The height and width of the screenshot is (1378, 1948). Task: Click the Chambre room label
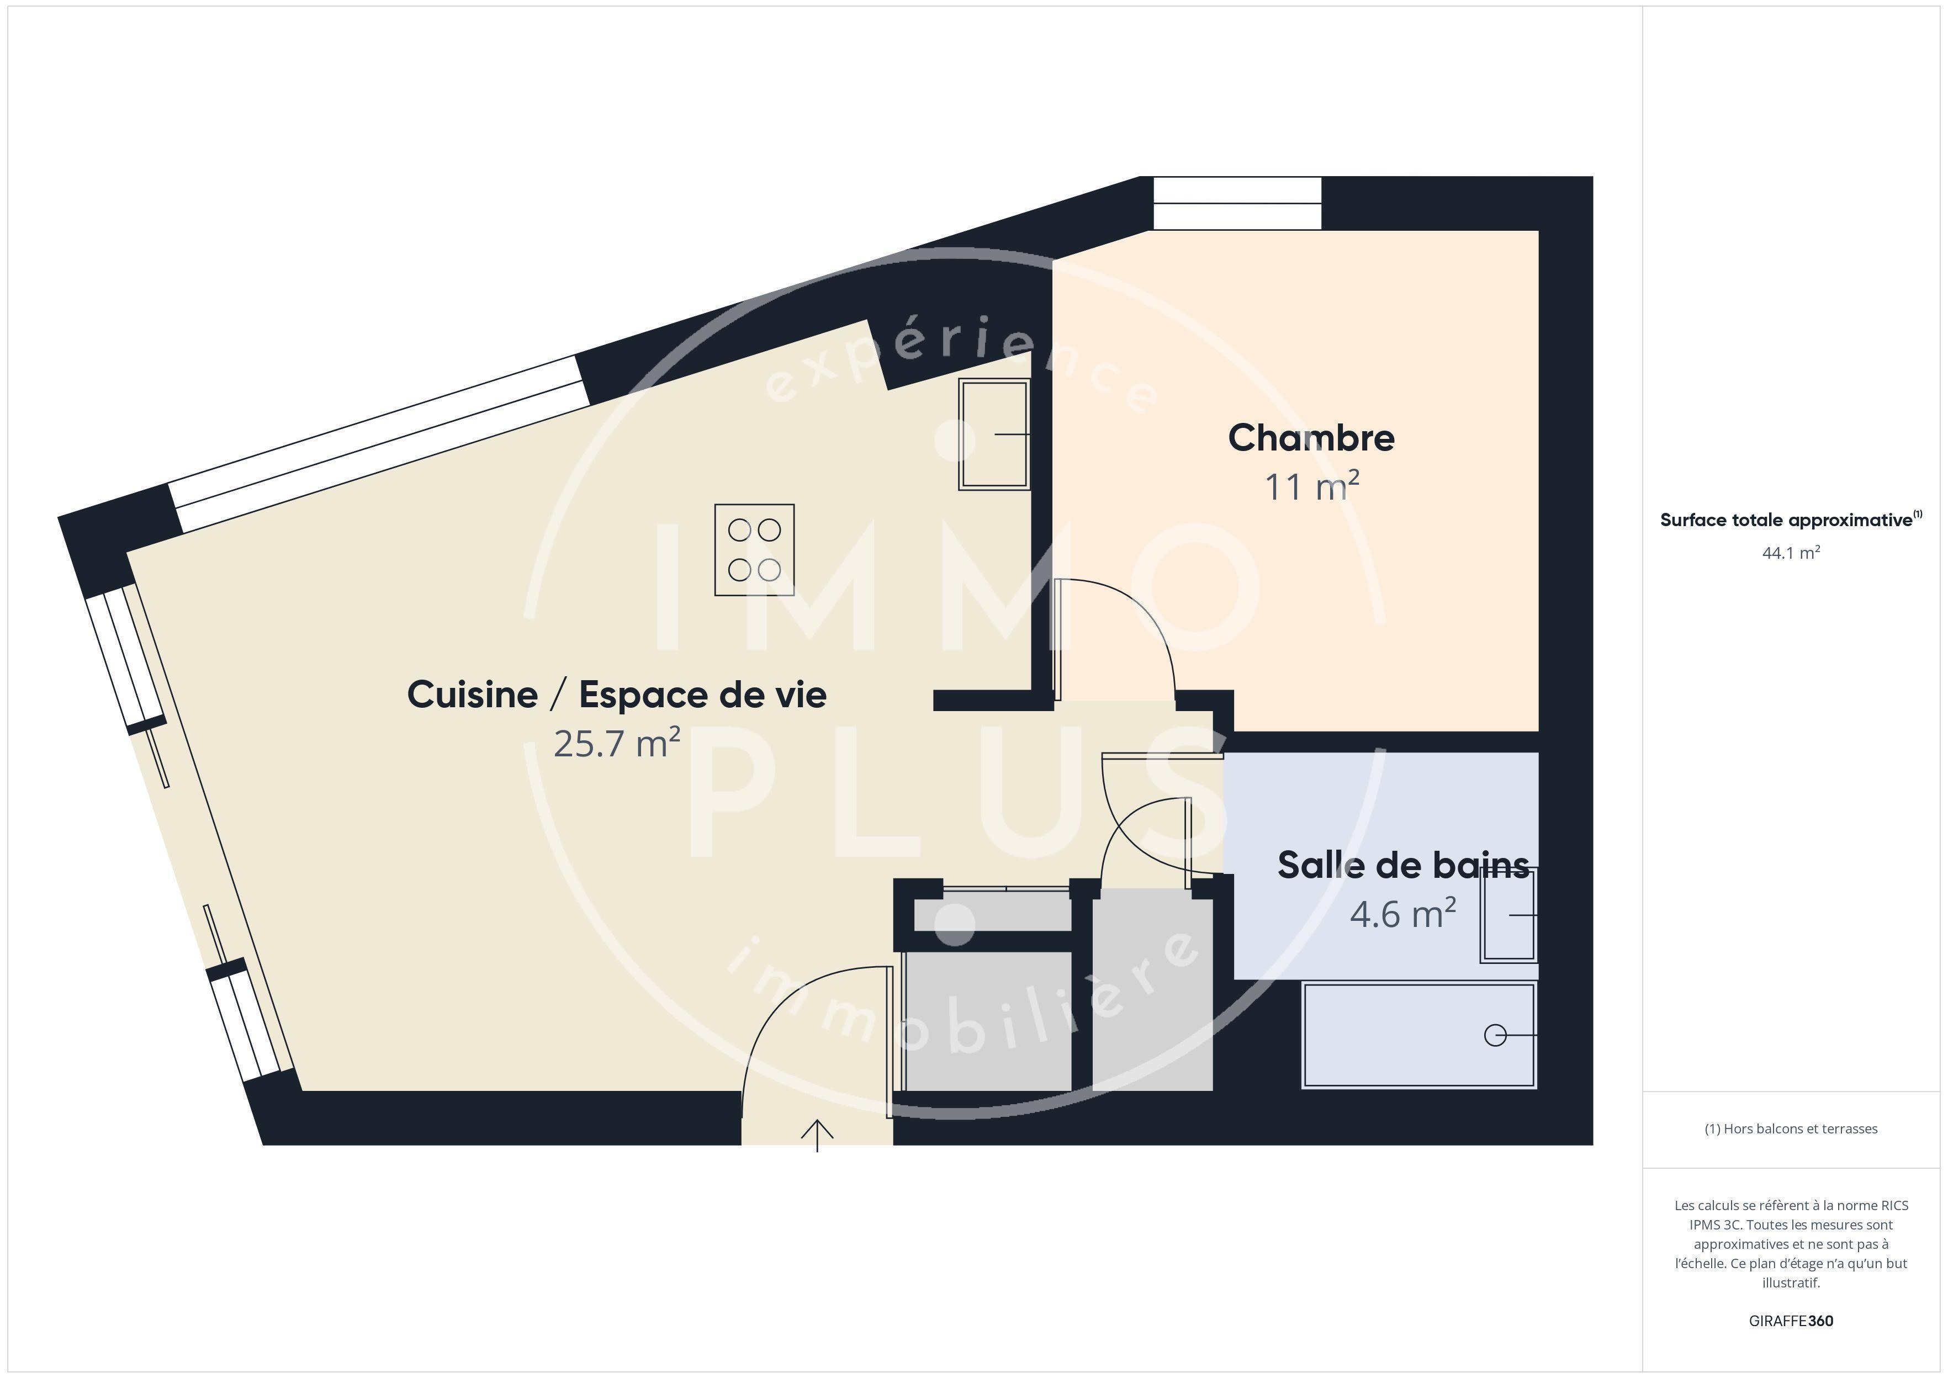click(1311, 438)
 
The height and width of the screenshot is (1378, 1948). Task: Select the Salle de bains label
click(1404, 866)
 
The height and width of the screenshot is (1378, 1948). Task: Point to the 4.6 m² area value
click(1402, 914)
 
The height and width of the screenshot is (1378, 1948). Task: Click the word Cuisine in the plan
click(473, 695)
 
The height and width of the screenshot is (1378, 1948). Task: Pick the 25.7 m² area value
click(617, 743)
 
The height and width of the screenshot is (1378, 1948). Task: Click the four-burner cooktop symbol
click(754, 550)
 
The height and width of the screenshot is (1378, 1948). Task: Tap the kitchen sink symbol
click(994, 434)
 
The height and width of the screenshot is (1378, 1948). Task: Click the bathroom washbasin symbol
click(1508, 915)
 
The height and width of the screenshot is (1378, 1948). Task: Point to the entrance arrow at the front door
click(817, 1135)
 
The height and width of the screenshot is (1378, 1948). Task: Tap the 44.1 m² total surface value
click(1791, 553)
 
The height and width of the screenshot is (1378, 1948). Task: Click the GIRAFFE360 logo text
click(1791, 1320)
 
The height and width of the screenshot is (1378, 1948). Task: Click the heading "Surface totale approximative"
click(1786, 520)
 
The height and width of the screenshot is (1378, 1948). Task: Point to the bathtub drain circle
click(1495, 1035)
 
